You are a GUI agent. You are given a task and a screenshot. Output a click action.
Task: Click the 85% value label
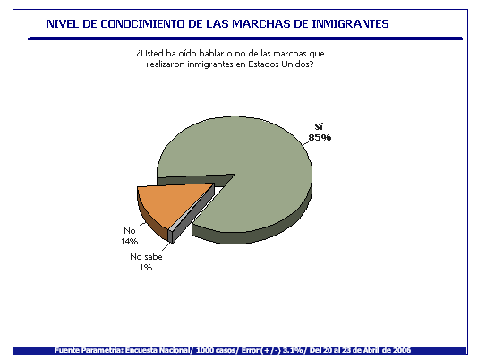(320, 138)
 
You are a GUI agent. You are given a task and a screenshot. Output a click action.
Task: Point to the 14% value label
(129, 241)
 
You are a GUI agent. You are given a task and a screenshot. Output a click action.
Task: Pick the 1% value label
(146, 268)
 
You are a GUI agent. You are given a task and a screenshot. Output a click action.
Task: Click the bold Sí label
(319, 126)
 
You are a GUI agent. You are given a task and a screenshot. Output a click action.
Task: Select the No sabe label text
(146, 257)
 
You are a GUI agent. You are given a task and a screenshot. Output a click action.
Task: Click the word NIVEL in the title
(63, 24)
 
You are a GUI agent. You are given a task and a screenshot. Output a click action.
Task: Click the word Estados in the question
(263, 64)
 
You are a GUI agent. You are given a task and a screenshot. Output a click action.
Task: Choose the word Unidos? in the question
(297, 64)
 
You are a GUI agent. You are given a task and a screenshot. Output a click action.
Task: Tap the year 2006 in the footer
(402, 350)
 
